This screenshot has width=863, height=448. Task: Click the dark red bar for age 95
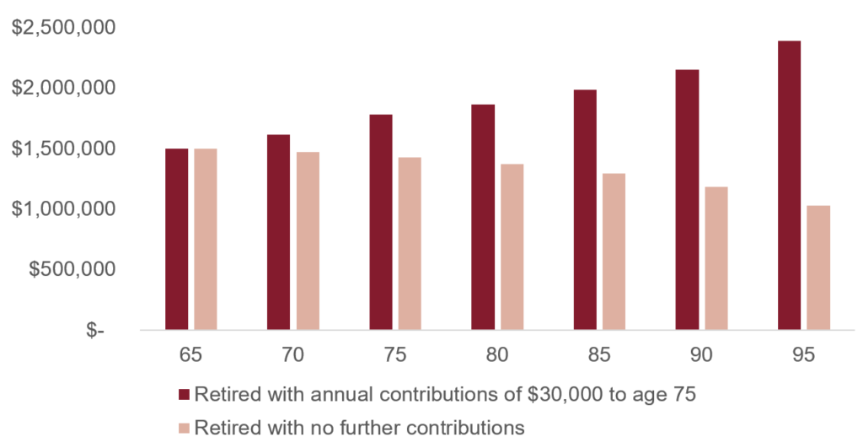789,185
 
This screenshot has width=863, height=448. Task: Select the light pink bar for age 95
818,267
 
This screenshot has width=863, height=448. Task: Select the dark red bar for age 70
279,232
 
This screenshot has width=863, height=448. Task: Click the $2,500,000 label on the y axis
63,28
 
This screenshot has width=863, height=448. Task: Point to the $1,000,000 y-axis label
63,209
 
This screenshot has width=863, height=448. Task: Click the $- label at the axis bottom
95,331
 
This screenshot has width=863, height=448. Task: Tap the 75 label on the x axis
395,355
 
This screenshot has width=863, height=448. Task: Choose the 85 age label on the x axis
599,355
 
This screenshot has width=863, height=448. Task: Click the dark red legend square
185,394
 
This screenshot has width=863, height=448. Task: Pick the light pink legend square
185,427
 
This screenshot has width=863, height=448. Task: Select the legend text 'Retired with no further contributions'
360,427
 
